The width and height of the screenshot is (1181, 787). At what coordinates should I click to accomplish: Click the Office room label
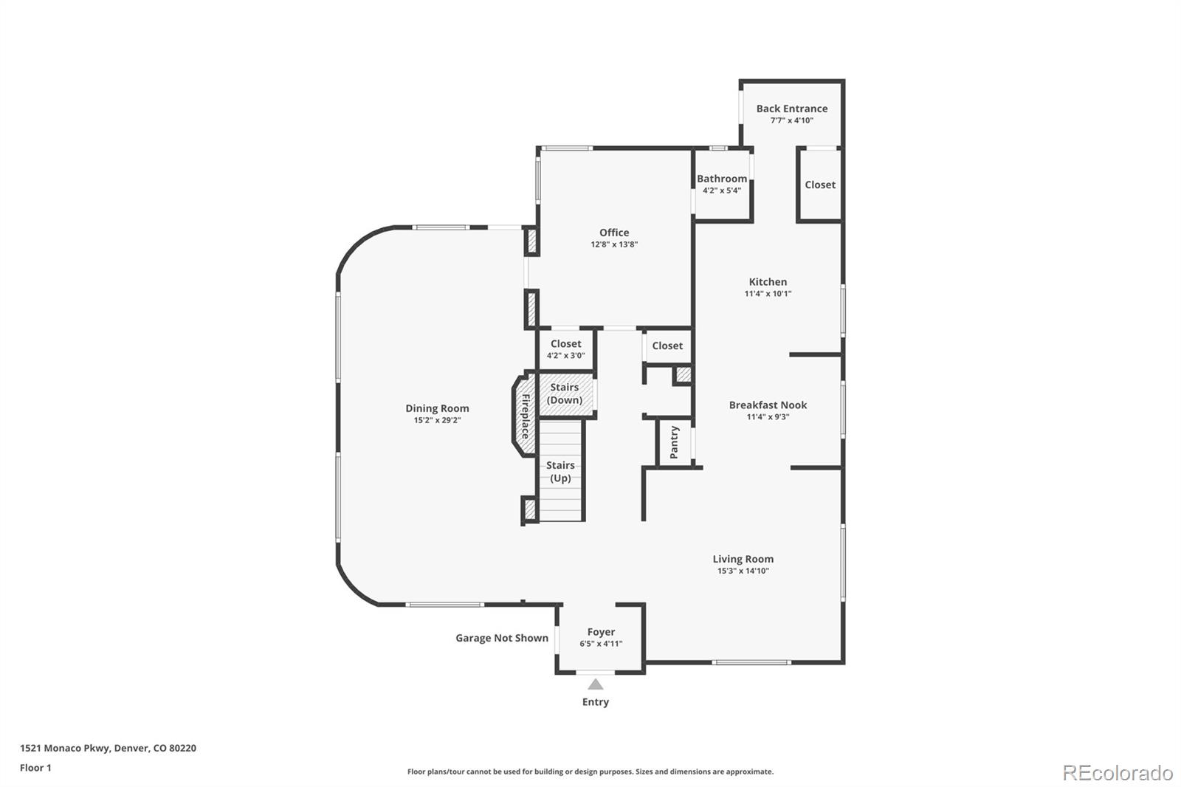(x=614, y=233)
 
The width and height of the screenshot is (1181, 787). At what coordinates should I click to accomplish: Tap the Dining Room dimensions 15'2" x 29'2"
(x=437, y=420)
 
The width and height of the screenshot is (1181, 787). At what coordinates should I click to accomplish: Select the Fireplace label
(x=526, y=416)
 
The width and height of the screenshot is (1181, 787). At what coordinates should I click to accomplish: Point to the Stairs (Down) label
(x=565, y=393)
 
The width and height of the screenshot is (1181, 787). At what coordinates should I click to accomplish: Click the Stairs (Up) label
(x=560, y=472)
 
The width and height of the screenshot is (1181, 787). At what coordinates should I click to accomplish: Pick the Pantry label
(x=674, y=442)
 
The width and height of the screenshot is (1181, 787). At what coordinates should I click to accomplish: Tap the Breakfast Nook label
(x=768, y=405)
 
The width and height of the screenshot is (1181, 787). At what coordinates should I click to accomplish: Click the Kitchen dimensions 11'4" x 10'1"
(x=768, y=294)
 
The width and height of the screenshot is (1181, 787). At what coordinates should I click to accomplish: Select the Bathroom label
(x=722, y=179)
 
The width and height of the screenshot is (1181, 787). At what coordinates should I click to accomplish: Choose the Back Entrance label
(x=792, y=109)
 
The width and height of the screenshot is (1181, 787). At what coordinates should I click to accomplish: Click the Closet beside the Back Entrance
(x=820, y=185)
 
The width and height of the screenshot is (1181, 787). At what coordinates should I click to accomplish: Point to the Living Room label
(x=743, y=559)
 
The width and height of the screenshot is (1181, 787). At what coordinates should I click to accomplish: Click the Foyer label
(x=601, y=632)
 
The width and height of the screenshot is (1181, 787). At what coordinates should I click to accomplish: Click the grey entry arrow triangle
(x=595, y=684)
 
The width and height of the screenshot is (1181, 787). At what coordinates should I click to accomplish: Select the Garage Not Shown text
(x=502, y=639)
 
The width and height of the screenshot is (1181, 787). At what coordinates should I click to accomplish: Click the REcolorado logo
(x=1118, y=773)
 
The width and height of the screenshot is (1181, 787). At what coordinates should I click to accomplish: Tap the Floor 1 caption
(x=35, y=768)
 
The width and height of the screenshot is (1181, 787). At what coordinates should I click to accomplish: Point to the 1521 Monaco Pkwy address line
(x=108, y=748)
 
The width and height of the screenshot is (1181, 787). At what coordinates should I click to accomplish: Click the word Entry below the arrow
(x=595, y=702)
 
